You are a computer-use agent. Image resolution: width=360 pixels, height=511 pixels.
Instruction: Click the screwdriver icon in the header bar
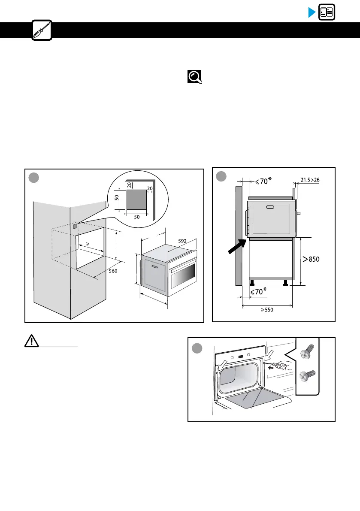pyautogui.click(x=42, y=30)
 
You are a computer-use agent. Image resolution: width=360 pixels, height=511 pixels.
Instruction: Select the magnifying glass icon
pyautogui.click(x=194, y=77)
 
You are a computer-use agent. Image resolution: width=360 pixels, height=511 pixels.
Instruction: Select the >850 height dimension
pyautogui.click(x=312, y=259)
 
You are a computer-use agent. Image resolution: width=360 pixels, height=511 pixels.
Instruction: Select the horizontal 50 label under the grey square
pyautogui.click(x=137, y=217)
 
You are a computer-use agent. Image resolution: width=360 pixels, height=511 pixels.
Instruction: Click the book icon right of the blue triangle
pyautogui.click(x=327, y=12)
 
